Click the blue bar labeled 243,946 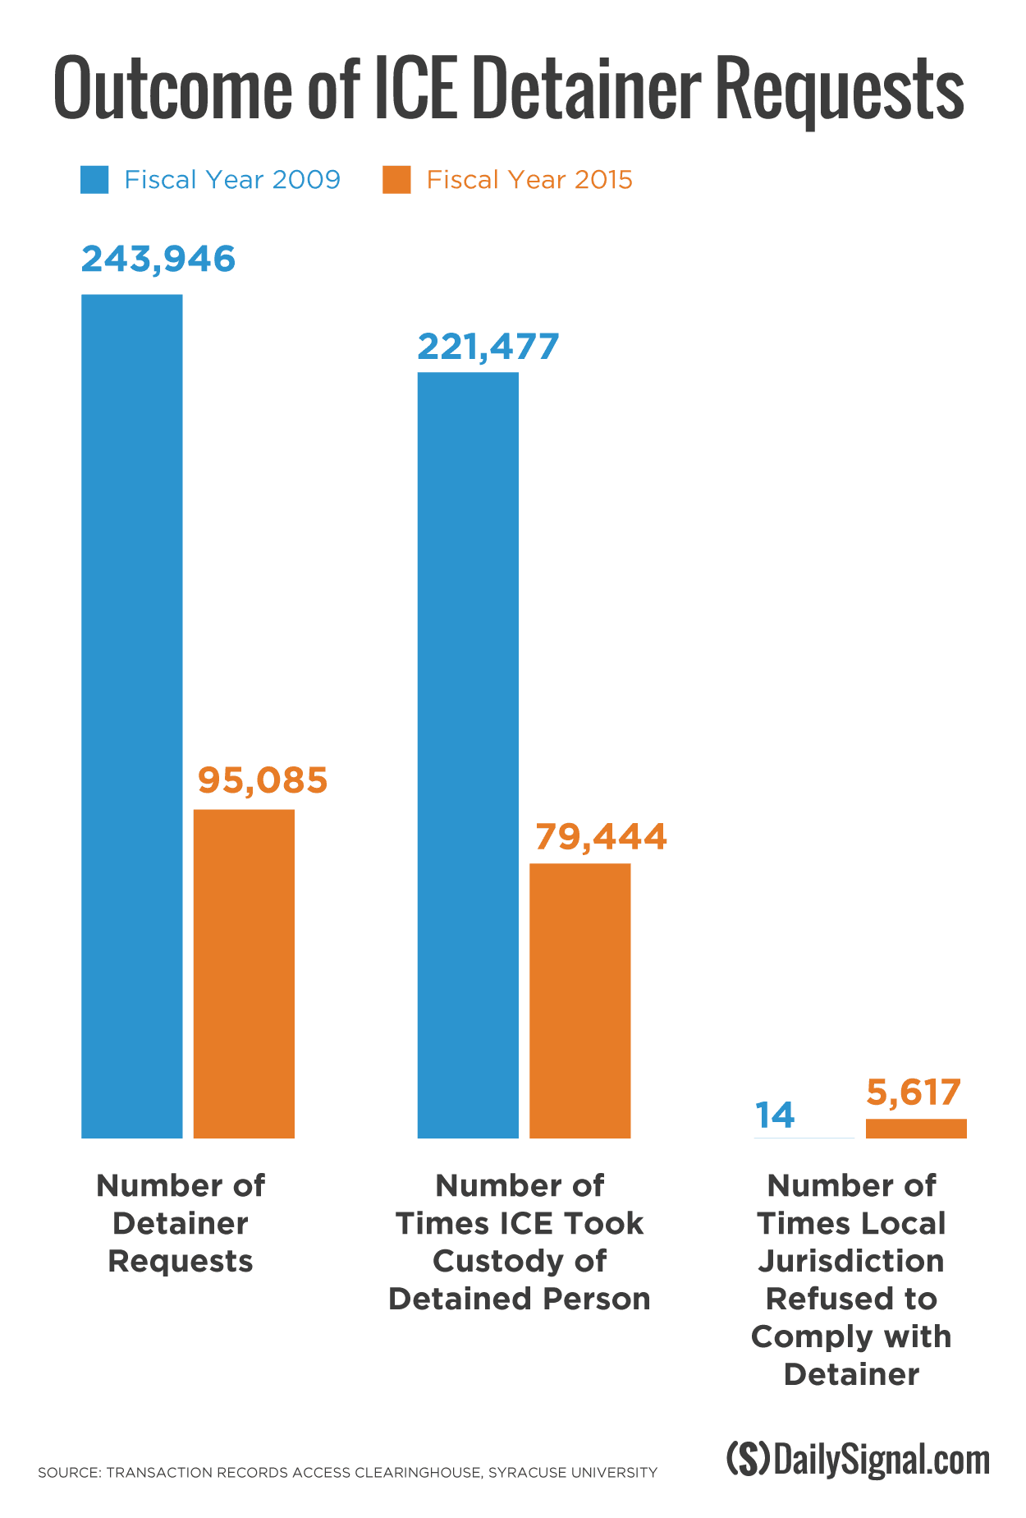pyautogui.click(x=131, y=715)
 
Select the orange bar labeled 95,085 pyautogui.click(x=244, y=973)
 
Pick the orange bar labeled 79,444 pyautogui.click(x=579, y=1000)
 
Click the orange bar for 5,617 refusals pyautogui.click(x=916, y=1128)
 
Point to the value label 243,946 pyautogui.click(x=158, y=259)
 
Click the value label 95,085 pyautogui.click(x=263, y=780)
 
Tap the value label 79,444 pyautogui.click(x=601, y=836)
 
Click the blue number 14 pyautogui.click(x=775, y=1115)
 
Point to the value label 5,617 pyautogui.click(x=914, y=1092)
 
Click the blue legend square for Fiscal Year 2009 pyautogui.click(x=94, y=180)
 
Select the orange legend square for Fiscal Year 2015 pyautogui.click(x=396, y=180)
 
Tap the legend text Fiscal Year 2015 pyautogui.click(x=529, y=180)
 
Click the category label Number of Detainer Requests pyautogui.click(x=181, y=1223)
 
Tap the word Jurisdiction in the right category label pyautogui.click(x=851, y=1261)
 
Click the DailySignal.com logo pyautogui.click(x=858, y=1460)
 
